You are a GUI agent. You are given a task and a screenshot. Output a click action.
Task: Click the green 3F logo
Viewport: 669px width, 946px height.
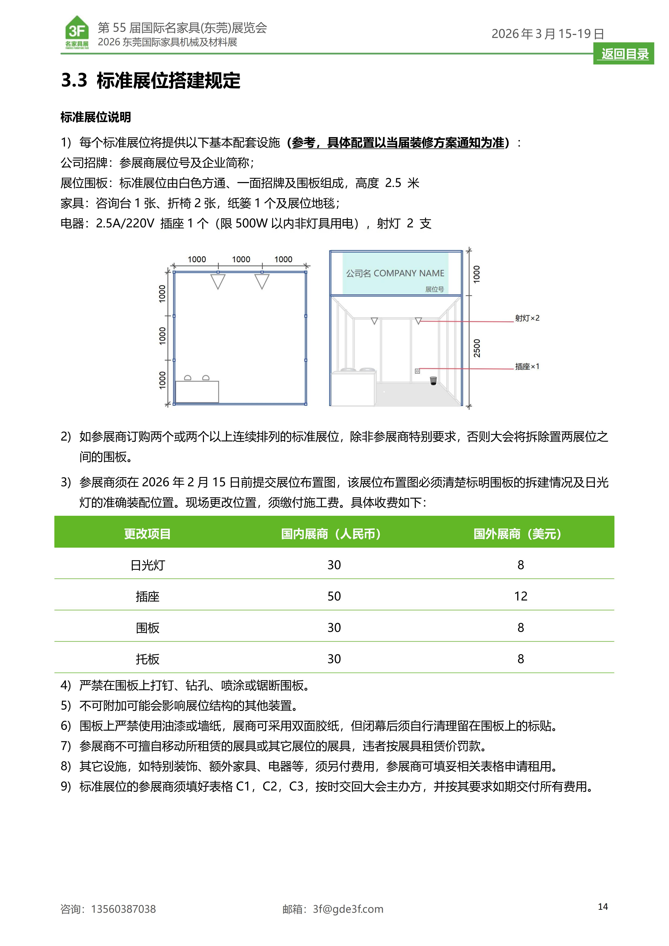tap(77, 32)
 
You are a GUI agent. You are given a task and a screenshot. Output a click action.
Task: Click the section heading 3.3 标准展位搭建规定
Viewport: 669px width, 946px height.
tap(151, 80)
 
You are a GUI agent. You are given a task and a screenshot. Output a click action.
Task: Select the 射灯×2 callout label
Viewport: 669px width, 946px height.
tap(527, 318)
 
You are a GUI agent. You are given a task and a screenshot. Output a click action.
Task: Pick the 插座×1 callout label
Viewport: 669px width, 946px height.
tap(527, 366)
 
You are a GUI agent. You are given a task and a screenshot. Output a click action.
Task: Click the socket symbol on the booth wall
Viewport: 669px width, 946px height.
tap(417, 371)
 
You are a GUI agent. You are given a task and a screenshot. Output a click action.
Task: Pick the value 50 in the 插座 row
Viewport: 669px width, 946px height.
tap(334, 596)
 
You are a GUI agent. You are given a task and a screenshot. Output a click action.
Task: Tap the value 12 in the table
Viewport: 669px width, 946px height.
tap(521, 596)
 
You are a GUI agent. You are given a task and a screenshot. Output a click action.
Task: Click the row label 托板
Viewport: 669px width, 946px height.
tap(147, 659)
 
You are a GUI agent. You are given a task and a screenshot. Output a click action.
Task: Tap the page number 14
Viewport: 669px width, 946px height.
tap(603, 906)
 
